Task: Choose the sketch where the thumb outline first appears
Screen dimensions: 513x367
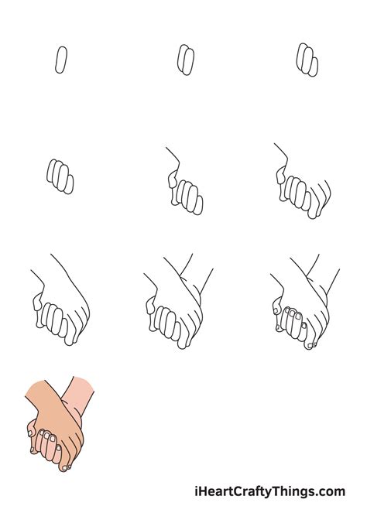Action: [184, 186]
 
